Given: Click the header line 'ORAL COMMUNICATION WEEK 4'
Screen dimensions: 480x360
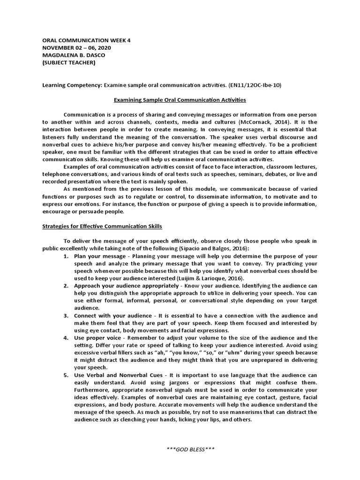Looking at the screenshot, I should pos(87,40).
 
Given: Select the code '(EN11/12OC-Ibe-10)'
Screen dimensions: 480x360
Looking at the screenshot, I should pos(256,85).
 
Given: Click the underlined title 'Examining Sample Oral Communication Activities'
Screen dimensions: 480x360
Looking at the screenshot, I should pos(180,100).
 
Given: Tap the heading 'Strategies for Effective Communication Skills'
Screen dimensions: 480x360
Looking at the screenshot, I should pos(102,226).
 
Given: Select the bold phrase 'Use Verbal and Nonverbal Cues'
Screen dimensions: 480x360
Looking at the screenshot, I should pos(118,375).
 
